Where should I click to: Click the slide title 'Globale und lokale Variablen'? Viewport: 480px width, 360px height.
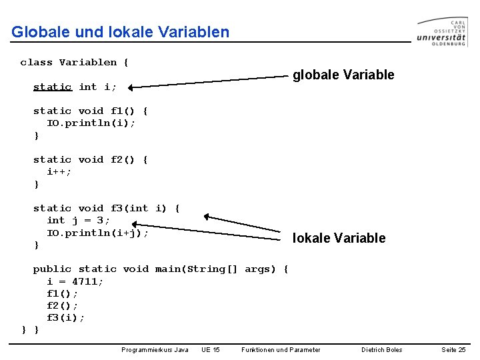(x=120, y=32)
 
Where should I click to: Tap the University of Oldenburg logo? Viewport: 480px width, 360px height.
(x=441, y=31)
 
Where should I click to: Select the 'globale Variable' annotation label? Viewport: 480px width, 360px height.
(x=343, y=75)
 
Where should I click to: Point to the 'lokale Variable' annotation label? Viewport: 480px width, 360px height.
(x=339, y=238)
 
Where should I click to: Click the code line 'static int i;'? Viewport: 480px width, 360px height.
(x=75, y=87)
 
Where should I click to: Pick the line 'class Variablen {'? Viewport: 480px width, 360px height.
(x=74, y=63)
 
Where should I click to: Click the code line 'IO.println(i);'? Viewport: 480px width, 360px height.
(x=90, y=123)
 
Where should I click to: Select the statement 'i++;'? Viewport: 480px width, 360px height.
(x=59, y=171)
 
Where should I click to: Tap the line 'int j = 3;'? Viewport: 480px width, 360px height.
(x=78, y=220)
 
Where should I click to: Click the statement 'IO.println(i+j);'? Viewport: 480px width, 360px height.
(x=97, y=233)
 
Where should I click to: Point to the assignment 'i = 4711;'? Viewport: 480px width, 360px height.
(x=75, y=281)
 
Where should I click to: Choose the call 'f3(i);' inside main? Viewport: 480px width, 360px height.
(x=65, y=318)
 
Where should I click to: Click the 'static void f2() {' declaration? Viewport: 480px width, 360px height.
(x=91, y=159)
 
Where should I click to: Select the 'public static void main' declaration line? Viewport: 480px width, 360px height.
(x=161, y=269)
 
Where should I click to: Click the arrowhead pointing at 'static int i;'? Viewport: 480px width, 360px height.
(x=132, y=87)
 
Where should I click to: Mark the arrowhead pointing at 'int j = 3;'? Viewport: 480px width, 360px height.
(x=207, y=217)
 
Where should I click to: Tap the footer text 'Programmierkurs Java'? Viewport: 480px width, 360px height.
(x=155, y=350)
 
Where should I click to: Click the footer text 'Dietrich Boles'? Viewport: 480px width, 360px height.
(x=381, y=350)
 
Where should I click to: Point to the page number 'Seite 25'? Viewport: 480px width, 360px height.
(x=453, y=350)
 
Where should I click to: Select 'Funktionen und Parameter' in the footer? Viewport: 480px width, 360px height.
(x=281, y=350)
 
